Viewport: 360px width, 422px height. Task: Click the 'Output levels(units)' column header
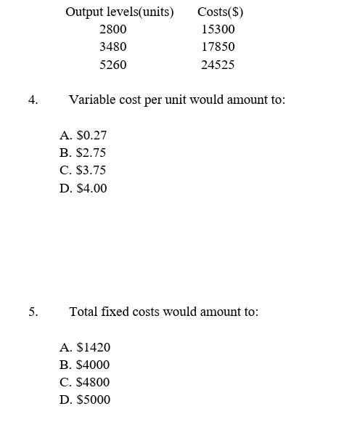pyautogui.click(x=120, y=12)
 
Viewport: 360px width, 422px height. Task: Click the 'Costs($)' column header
pyautogui.click(x=220, y=12)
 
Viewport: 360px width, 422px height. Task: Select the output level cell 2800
pyautogui.click(x=112, y=29)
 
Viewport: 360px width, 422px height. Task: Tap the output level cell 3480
pyautogui.click(x=112, y=46)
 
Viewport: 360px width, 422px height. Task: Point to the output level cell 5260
pyautogui.click(x=112, y=65)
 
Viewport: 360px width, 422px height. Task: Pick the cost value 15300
pyautogui.click(x=218, y=29)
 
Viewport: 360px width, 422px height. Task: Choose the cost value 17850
pyautogui.click(x=218, y=46)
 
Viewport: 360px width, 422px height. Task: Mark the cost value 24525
pyautogui.click(x=218, y=65)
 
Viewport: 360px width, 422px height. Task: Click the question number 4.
pyautogui.click(x=33, y=100)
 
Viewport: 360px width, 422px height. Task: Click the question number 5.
pyautogui.click(x=33, y=312)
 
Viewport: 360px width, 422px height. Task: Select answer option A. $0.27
pyautogui.click(x=83, y=135)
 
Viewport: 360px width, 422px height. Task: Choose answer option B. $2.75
pyautogui.click(x=83, y=153)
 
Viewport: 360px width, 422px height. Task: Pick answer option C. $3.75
pyautogui.click(x=83, y=170)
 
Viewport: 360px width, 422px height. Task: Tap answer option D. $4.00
pyautogui.click(x=83, y=188)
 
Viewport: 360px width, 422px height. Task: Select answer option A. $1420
pyautogui.click(x=86, y=347)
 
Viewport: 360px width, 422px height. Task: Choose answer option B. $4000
pyautogui.click(x=86, y=365)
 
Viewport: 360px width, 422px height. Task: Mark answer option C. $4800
pyautogui.click(x=86, y=382)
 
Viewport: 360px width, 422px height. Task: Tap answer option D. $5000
pyautogui.click(x=86, y=399)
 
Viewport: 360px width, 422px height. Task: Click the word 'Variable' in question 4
pyautogui.click(x=93, y=100)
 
